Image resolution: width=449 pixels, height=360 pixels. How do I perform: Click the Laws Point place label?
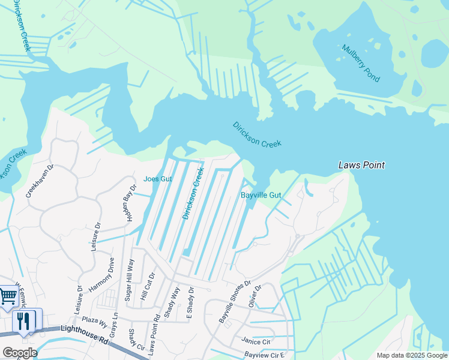click(x=361, y=165)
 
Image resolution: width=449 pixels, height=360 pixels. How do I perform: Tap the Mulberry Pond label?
click(x=361, y=63)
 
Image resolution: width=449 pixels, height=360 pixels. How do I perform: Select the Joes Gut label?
click(x=158, y=179)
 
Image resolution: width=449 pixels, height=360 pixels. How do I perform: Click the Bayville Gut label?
click(x=261, y=195)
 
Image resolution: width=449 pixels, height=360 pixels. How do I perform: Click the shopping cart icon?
click(x=7, y=296)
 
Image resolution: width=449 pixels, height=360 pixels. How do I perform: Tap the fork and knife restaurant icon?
click(x=24, y=321)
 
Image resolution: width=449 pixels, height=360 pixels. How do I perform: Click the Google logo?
click(x=19, y=353)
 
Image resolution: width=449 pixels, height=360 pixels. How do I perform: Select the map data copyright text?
click(x=411, y=355)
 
